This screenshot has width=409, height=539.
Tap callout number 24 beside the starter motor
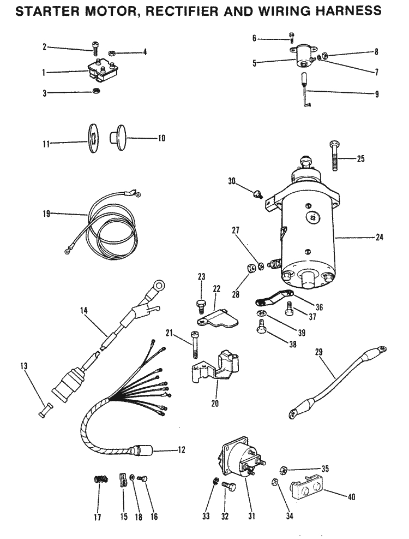(380, 237)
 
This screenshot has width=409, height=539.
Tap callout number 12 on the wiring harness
(181, 450)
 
